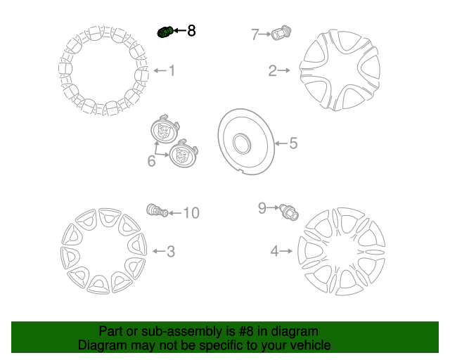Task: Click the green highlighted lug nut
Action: click(165, 32)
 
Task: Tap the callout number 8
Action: click(191, 30)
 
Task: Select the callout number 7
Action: click(255, 34)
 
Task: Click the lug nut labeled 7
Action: click(281, 32)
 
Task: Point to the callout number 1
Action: click(172, 70)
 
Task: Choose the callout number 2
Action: click(272, 70)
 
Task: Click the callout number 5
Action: click(293, 143)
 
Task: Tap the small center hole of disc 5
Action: click(242, 143)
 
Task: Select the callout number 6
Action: click(152, 161)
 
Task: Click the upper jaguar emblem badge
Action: click(165, 129)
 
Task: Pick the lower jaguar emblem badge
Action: click(183, 154)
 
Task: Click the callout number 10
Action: click(191, 213)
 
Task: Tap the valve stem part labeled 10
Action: click(157, 211)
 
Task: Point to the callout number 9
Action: click(262, 208)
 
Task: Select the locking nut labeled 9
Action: click(289, 212)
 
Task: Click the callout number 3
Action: click(171, 252)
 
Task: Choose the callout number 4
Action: click(274, 252)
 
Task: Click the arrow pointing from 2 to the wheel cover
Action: click(284, 70)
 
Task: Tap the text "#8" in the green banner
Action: click(246, 331)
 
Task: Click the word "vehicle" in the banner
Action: click(313, 345)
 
